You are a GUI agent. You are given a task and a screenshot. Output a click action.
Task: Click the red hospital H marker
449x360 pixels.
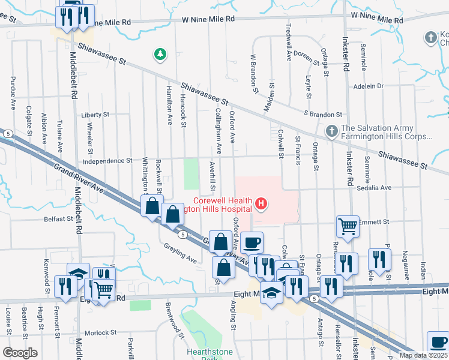click(x=261, y=205)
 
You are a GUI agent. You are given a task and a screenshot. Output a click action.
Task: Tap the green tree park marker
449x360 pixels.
click(x=160, y=55)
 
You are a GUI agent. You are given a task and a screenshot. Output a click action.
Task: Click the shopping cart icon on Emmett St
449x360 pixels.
click(x=348, y=226)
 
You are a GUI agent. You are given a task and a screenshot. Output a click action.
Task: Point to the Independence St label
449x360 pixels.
click(x=107, y=161)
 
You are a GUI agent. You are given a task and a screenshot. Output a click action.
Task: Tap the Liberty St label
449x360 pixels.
click(x=95, y=114)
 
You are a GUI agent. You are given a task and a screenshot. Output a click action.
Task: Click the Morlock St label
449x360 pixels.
click(x=100, y=332)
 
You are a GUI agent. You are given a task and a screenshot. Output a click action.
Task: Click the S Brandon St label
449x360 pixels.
click(x=322, y=114)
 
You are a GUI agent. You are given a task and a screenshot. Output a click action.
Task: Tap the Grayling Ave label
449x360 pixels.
click(x=180, y=254)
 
